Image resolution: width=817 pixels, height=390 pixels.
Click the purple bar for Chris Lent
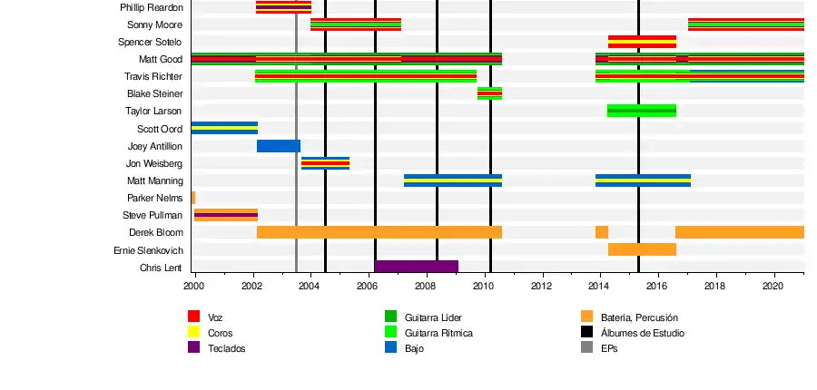pyautogui.click(x=417, y=267)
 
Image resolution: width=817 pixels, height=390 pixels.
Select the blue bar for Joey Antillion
pyautogui.click(x=278, y=146)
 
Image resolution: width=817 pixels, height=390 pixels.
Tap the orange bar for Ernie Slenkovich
pyautogui.click(x=642, y=249)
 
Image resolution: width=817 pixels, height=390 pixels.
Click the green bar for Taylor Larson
pyautogui.click(x=641, y=111)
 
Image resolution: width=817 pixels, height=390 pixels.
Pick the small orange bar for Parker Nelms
pyautogui.click(x=193, y=198)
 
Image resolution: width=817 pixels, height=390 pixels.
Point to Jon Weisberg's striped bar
pyautogui.click(x=325, y=163)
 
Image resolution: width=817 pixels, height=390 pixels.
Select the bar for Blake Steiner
pyautogui.click(x=489, y=93)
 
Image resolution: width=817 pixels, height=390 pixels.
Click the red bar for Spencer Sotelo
pyautogui.click(x=642, y=42)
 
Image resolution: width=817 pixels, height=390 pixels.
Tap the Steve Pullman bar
pyautogui.click(x=226, y=215)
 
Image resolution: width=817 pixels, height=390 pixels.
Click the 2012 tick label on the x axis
pyautogui.click(x=541, y=287)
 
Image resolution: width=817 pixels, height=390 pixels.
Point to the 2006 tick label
pyautogui.click(x=368, y=287)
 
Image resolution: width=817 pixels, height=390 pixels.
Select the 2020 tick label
pyautogui.click(x=773, y=287)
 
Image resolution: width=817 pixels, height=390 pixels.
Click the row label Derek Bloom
pyautogui.click(x=155, y=233)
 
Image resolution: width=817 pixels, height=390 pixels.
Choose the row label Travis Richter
pyautogui.click(x=153, y=76)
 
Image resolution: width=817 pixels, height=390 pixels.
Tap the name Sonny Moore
pyautogui.click(x=154, y=24)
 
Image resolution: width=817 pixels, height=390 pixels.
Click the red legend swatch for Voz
pyautogui.click(x=193, y=317)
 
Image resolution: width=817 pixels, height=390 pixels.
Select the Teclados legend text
pyautogui.click(x=226, y=348)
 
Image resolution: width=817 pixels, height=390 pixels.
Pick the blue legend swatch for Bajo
pyautogui.click(x=390, y=347)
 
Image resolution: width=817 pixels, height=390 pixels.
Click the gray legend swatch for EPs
pyautogui.click(x=586, y=347)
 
